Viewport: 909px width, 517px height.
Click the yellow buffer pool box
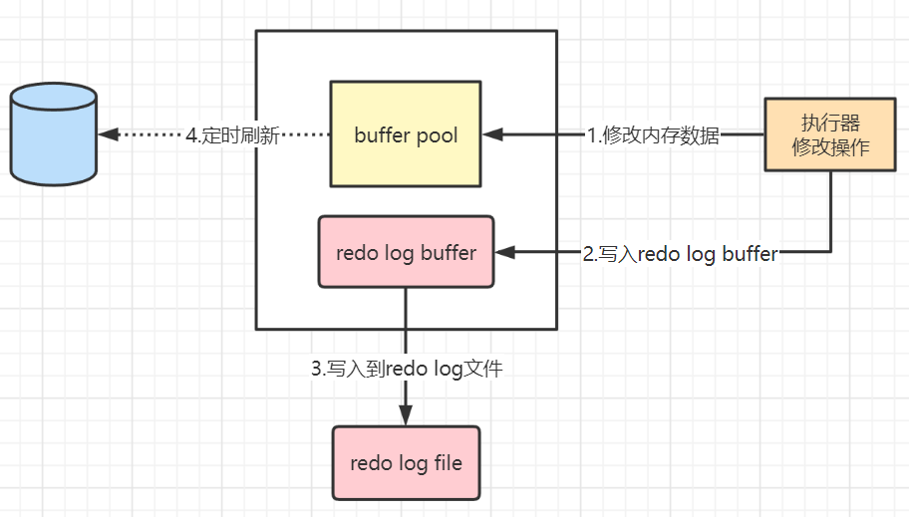[406, 134]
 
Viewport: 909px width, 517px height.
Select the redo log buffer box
[406, 252]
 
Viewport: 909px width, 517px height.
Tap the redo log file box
[406, 463]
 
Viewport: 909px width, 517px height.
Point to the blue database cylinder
[53, 134]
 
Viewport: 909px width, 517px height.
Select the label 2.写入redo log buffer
[680, 253]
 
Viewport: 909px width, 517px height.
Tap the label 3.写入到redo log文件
[407, 369]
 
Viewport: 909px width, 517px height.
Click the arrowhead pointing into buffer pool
[492, 134]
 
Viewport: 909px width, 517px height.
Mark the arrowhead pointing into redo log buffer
[505, 253]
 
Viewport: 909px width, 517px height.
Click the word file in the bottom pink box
[446, 463]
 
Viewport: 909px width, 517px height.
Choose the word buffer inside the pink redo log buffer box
[448, 252]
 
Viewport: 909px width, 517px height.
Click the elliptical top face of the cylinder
[53, 99]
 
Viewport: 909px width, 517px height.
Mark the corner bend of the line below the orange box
[829, 253]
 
